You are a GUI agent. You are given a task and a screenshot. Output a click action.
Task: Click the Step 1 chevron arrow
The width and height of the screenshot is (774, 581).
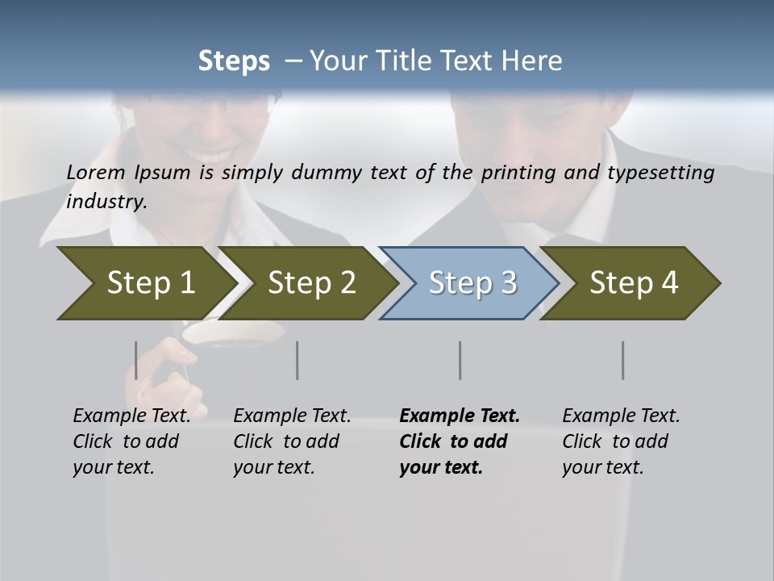pyautogui.click(x=145, y=283)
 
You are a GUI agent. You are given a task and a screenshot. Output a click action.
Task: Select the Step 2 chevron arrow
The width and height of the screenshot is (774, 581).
pyautogui.click(x=310, y=283)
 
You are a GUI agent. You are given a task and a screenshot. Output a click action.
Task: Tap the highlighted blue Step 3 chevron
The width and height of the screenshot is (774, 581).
pyautogui.click(x=472, y=283)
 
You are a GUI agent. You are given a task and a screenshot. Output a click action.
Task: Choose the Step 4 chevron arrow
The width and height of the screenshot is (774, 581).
pyautogui.click(x=633, y=283)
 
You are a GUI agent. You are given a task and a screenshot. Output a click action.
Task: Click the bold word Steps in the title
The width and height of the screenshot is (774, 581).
pyautogui.click(x=234, y=61)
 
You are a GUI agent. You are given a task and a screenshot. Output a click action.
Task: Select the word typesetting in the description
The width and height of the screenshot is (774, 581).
pyautogui.click(x=663, y=173)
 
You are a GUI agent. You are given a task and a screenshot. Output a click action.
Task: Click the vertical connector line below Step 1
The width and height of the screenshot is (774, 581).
pyautogui.click(x=136, y=360)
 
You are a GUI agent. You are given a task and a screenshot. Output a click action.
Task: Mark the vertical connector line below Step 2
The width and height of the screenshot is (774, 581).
pyautogui.click(x=298, y=360)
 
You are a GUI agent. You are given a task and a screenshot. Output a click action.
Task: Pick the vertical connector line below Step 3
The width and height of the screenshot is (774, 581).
pyautogui.click(x=460, y=360)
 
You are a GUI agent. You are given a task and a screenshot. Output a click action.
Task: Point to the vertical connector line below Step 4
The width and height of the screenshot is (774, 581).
pyautogui.click(x=623, y=360)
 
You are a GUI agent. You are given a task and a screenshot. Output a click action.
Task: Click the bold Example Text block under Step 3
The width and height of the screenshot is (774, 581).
pyautogui.click(x=458, y=441)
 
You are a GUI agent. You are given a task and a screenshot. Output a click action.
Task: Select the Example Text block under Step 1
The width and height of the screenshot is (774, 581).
pyautogui.click(x=131, y=441)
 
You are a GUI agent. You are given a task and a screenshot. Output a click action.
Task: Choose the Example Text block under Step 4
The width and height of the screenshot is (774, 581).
pyautogui.click(x=620, y=441)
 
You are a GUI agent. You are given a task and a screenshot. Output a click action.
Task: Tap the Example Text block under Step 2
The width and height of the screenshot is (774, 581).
pyautogui.click(x=291, y=441)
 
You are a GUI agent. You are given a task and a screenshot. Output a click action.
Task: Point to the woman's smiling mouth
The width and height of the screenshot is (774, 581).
pyautogui.click(x=211, y=153)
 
